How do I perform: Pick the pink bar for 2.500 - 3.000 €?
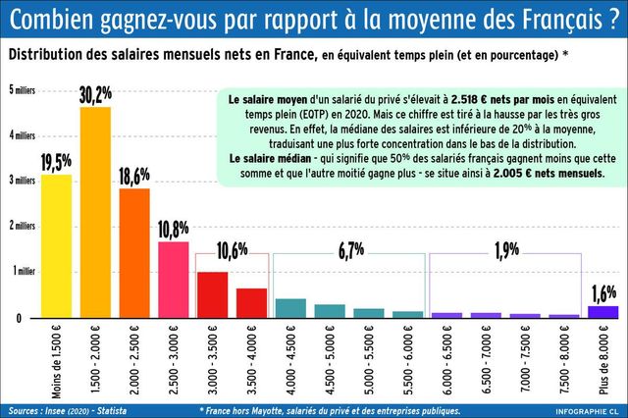coord(173,280)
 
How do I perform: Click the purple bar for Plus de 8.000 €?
coord(602,312)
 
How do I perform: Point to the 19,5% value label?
coord(56,161)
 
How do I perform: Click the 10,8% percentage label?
coord(173,229)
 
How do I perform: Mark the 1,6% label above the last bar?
coord(603,292)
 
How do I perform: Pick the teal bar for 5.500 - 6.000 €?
coord(407,314)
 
